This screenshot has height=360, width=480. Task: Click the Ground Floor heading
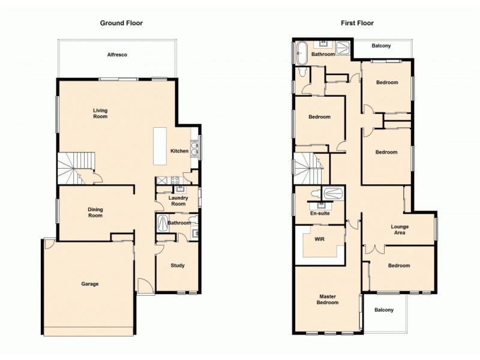tap(121, 23)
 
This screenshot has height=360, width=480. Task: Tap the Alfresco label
tap(117, 55)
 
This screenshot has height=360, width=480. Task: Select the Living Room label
tap(100, 113)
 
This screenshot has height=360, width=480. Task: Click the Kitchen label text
tap(179, 151)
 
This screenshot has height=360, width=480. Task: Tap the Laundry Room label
tap(178, 200)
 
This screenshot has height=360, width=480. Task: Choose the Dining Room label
tap(95, 212)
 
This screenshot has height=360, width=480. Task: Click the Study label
tap(177, 265)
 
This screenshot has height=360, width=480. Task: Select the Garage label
tap(90, 284)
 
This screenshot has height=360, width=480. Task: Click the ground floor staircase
tap(75, 167)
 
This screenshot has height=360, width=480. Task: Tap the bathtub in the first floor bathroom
tap(301, 53)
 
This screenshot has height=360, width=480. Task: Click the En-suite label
tap(319, 214)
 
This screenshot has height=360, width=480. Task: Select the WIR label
tap(319, 239)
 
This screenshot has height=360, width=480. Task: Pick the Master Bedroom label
tap(328, 299)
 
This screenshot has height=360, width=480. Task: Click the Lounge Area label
tap(399, 229)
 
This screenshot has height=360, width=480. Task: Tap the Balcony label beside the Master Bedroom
tap(384, 310)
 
